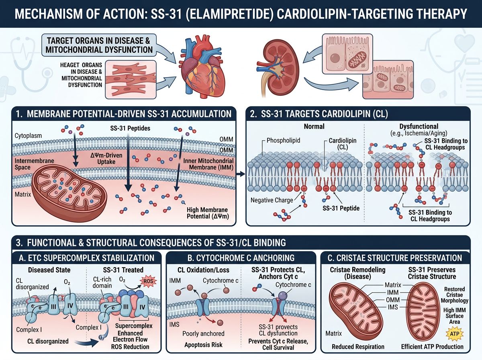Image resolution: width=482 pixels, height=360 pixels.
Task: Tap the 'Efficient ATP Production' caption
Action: point(432,346)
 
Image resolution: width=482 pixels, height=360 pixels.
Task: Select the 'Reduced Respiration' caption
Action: point(358,346)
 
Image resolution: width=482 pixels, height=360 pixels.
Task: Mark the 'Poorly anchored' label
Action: point(203,333)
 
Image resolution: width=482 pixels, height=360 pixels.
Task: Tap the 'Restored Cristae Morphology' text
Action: point(454,295)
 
